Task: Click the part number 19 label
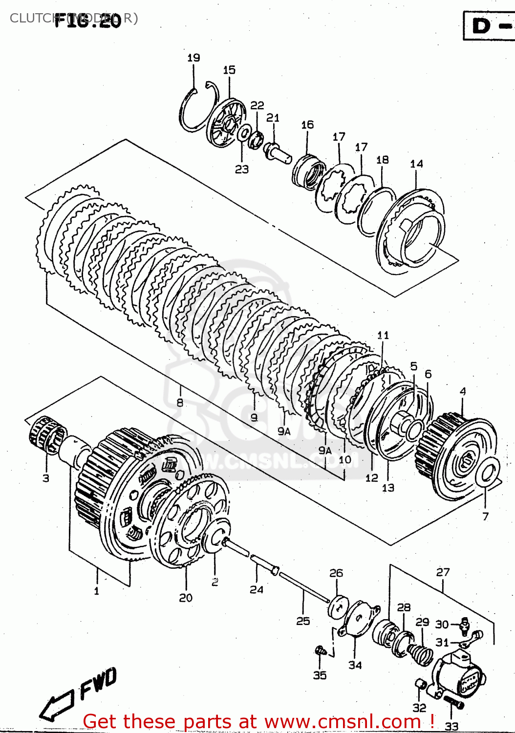[193, 58]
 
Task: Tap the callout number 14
[416, 164]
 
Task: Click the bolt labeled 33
[453, 703]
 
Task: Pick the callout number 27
[443, 572]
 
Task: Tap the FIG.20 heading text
[88, 21]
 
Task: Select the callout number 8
[180, 402]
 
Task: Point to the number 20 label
[186, 598]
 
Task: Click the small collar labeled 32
[419, 684]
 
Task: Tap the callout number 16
[307, 125]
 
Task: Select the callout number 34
[355, 665]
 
